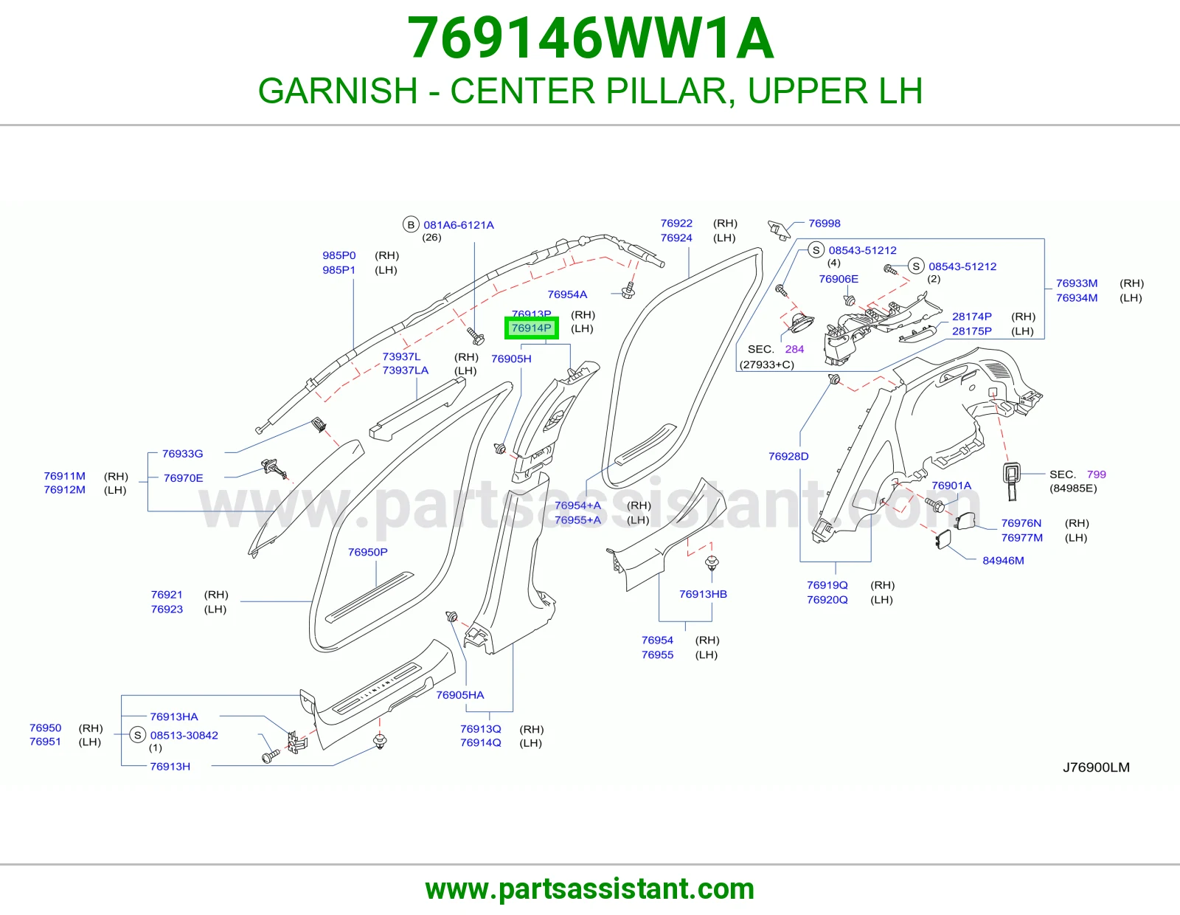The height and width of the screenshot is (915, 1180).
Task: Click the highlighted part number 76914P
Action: coord(531,328)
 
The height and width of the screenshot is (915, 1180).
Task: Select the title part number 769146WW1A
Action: coord(590,38)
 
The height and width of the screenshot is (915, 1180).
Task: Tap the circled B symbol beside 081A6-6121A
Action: coord(411,224)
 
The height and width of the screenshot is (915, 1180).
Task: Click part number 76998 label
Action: coord(824,224)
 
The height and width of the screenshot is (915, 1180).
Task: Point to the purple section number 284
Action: coord(794,349)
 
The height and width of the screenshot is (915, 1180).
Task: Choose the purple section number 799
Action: coord(1096,474)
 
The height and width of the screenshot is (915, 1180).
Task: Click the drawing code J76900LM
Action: coord(1096,767)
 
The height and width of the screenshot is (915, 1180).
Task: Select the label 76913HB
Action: coord(703,594)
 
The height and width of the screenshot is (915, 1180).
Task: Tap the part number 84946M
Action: coord(1003,560)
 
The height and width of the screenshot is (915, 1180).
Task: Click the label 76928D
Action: coord(788,457)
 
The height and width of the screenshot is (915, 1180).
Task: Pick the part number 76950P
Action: coord(367,552)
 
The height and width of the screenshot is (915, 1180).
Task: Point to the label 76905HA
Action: coord(459,695)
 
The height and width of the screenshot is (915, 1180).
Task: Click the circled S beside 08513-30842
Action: coord(137,735)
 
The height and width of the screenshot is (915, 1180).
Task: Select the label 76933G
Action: coord(182,454)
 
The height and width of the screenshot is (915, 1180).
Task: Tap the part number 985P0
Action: coord(339,255)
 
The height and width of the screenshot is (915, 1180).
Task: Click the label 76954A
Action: coord(567,294)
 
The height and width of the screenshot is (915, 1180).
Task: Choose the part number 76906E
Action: coord(839,279)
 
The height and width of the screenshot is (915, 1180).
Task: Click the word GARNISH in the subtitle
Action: coord(337,91)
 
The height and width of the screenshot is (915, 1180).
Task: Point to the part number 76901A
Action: coord(951,486)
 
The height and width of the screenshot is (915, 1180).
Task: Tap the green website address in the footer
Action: coord(590,889)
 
